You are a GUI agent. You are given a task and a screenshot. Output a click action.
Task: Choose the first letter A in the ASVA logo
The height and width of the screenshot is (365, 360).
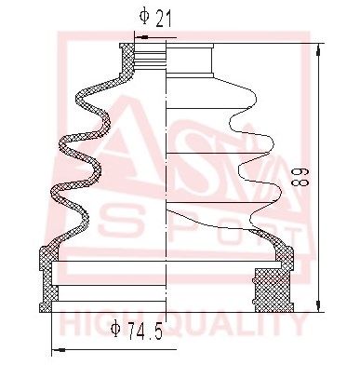(93, 149)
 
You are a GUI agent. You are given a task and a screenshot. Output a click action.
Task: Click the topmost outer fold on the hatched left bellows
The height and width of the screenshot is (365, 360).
(81, 93)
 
